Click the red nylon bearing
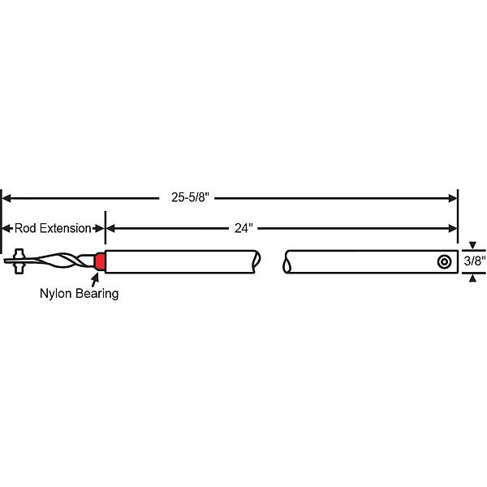[100, 261]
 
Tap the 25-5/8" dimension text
[191, 197]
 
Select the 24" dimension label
[243, 228]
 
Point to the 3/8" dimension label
[475, 261]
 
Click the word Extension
[65, 228]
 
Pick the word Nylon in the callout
[55, 294]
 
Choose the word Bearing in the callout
[97, 294]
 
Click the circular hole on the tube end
[444, 262]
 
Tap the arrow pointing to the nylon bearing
[95, 280]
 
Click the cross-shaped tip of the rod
[19, 261]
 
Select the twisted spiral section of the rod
[59, 261]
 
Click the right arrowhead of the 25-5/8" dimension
[453, 198]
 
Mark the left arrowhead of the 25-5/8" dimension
[6, 198]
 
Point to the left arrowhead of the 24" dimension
[110, 229]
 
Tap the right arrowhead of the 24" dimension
[453, 229]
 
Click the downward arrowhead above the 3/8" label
[472, 245]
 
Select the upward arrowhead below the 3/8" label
[472, 278]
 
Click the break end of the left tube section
[256, 261]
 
